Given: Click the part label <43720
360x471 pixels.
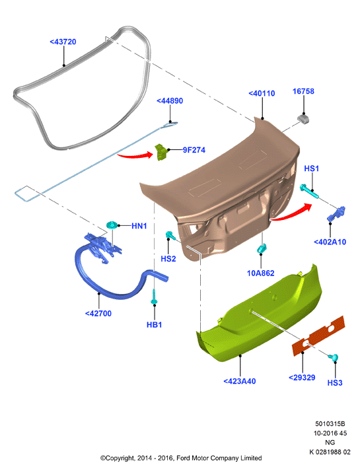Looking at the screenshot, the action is click(63, 42).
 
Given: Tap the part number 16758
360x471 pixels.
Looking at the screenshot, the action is click(303, 91).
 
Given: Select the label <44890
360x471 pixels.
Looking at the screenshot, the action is click(170, 101).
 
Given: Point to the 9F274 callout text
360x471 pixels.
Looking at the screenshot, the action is click(194, 150).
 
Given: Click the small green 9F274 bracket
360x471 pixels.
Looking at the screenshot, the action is click(161, 152).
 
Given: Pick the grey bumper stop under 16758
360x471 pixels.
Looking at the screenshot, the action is click(304, 118).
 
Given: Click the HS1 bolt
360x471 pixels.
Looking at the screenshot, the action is click(309, 192).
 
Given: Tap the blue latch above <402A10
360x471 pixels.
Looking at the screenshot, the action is click(336, 214).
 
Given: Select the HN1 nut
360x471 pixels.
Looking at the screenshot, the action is click(112, 225).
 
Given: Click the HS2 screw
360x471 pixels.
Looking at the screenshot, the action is click(170, 235).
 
